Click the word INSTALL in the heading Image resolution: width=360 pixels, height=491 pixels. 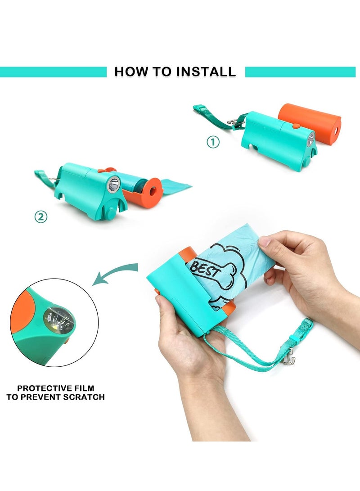tap(205, 72)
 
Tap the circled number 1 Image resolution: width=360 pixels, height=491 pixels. tap(213, 142)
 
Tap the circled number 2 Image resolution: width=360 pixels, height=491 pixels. tap(40, 216)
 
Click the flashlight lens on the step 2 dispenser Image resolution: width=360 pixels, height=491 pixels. tap(114, 185)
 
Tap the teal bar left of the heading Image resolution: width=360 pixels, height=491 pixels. tap(53, 72)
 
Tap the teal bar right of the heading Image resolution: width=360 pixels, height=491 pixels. tap(300, 72)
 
